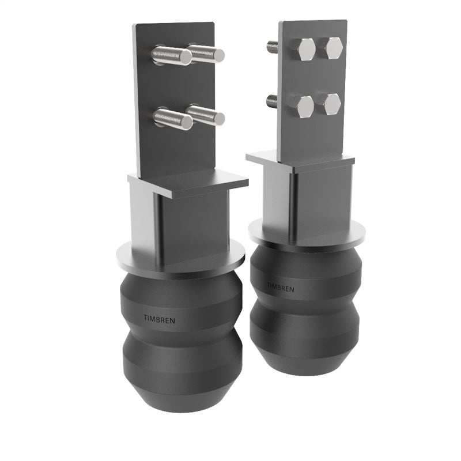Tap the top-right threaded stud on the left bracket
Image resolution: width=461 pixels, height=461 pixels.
[x=206, y=54]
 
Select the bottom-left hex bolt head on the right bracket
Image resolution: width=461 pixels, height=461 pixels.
[x=301, y=105]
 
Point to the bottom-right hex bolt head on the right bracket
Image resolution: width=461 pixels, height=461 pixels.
[x=330, y=104]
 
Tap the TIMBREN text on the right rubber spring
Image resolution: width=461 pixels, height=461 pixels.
[x=280, y=286]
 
